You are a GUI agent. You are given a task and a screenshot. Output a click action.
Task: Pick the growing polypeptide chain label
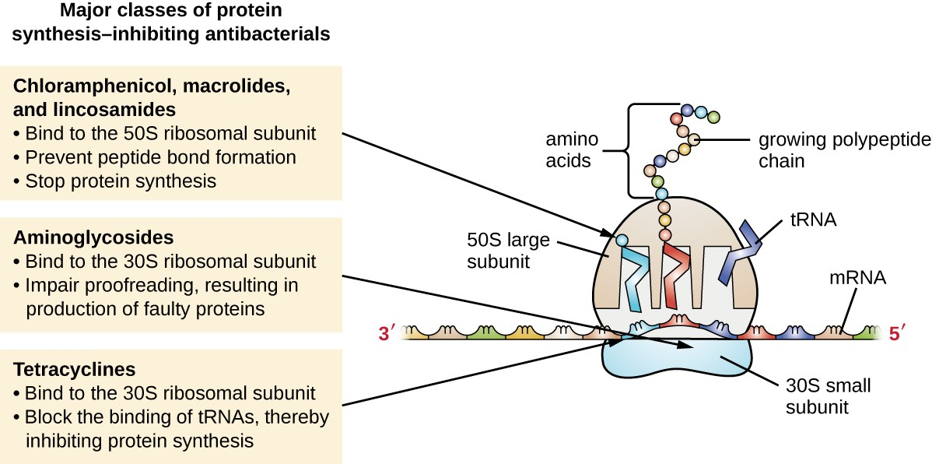[843, 151]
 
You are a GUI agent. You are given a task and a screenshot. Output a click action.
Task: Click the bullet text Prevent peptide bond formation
[160, 157]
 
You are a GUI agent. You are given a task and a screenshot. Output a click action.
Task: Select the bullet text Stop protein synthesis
[120, 181]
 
